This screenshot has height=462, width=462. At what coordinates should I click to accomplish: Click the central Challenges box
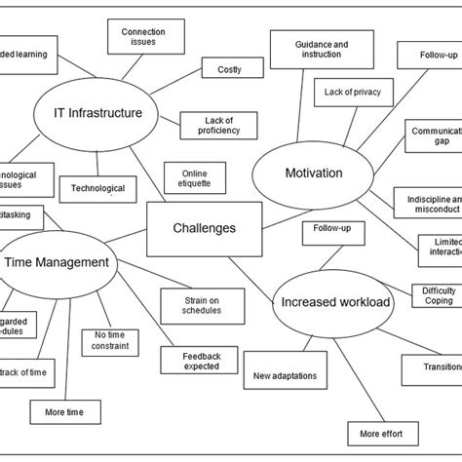pyautogui.click(x=204, y=228)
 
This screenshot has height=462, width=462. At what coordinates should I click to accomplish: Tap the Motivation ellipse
pyautogui.click(x=313, y=173)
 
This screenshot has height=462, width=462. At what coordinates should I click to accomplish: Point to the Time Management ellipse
pyautogui.click(x=57, y=261)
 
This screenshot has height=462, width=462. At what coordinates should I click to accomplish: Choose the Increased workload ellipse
pyautogui.click(x=335, y=302)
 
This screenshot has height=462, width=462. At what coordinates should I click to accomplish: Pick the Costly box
pyautogui.click(x=229, y=68)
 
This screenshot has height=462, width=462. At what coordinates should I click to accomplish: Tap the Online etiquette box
pyautogui.click(x=195, y=179)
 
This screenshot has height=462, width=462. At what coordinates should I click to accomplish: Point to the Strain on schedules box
pyautogui.click(x=202, y=304)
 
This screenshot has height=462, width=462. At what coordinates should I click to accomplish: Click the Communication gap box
pyautogui.click(x=435, y=136)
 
